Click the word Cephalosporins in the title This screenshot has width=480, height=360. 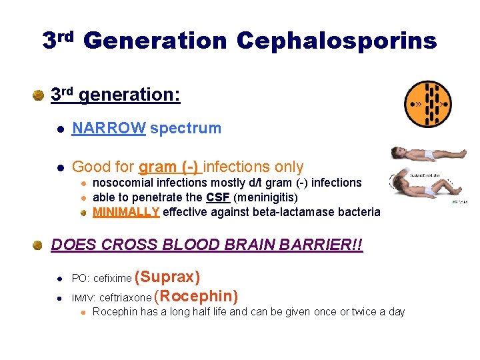click(337, 41)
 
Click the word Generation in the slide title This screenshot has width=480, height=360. click(155, 41)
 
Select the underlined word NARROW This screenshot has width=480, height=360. click(109, 128)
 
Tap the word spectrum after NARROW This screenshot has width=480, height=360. click(185, 128)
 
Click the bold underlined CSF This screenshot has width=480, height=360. click(218, 197)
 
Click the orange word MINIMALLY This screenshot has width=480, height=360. click(126, 212)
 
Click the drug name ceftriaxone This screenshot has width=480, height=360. click(125, 298)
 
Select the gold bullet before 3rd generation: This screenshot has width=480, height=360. click(39, 95)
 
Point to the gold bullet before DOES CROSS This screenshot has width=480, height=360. click(39, 245)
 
